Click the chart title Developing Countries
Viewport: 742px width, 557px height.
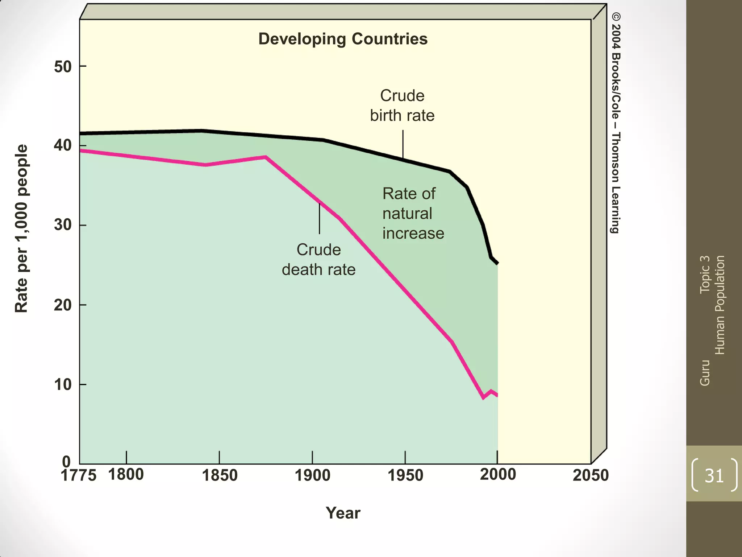click(x=343, y=39)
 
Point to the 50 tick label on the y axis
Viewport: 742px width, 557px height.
click(x=63, y=67)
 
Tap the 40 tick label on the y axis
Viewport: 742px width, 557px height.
click(x=63, y=146)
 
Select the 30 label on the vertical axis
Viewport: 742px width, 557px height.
click(x=63, y=225)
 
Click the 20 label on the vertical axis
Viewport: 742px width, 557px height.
click(x=63, y=305)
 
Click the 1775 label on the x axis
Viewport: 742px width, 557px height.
click(x=78, y=476)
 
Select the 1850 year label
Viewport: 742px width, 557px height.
click(x=220, y=476)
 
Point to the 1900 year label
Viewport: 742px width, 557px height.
click(x=312, y=476)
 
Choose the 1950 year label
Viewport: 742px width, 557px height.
click(x=405, y=476)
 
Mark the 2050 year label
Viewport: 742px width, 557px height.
click(x=591, y=476)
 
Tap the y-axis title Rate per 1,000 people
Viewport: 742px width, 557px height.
click(x=21, y=228)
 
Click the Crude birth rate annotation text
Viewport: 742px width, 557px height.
click(x=402, y=106)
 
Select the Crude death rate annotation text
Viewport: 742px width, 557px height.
click(x=318, y=260)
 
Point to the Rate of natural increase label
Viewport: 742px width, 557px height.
click(x=413, y=214)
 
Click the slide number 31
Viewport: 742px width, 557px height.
click(x=714, y=475)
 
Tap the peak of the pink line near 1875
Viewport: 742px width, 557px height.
click(x=266, y=157)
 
